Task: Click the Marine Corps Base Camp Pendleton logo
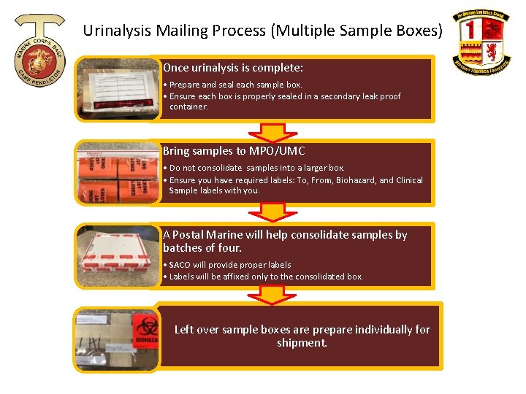point(41,49)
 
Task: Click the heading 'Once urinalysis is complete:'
point(233,68)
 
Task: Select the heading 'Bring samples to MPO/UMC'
point(234,151)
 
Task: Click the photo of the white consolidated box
point(117,256)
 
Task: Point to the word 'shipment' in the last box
point(300,343)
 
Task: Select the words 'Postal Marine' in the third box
point(211,235)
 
